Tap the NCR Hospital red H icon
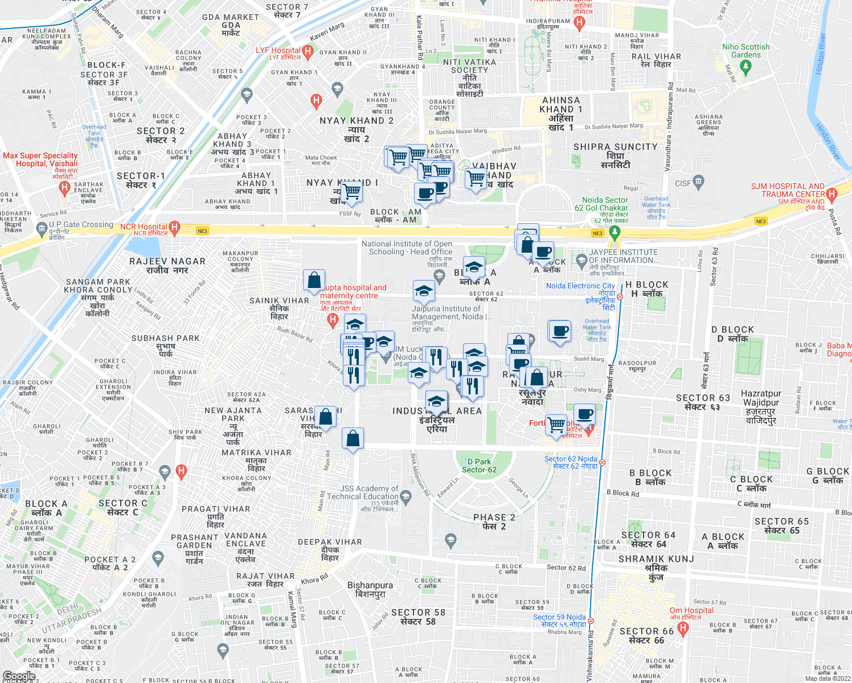175,228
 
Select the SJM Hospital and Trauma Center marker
831,195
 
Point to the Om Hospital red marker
683,628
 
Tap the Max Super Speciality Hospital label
40,159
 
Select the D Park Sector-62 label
479,466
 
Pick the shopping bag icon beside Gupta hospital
314,280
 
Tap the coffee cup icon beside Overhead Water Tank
560,331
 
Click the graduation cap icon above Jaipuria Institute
423,292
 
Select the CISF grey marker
699,182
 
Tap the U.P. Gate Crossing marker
42,229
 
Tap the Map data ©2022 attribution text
827,678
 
